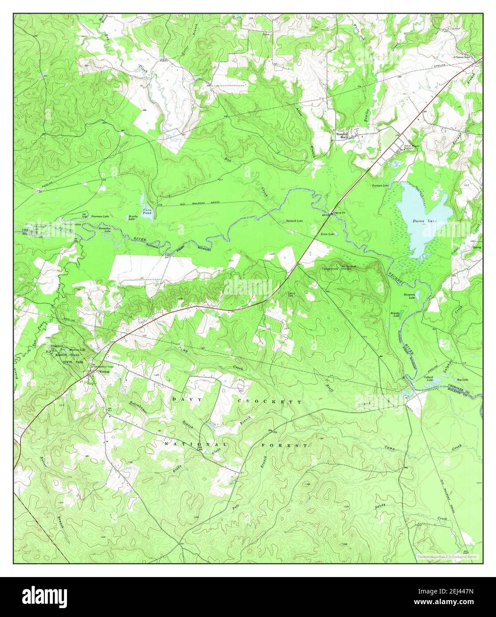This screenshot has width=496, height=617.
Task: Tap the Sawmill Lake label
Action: (x=294, y=221)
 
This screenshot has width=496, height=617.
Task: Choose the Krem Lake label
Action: (x=328, y=234)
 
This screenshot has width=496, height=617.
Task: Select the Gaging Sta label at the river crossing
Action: (x=339, y=212)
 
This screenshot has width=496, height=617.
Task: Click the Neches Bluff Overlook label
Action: (x=349, y=267)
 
